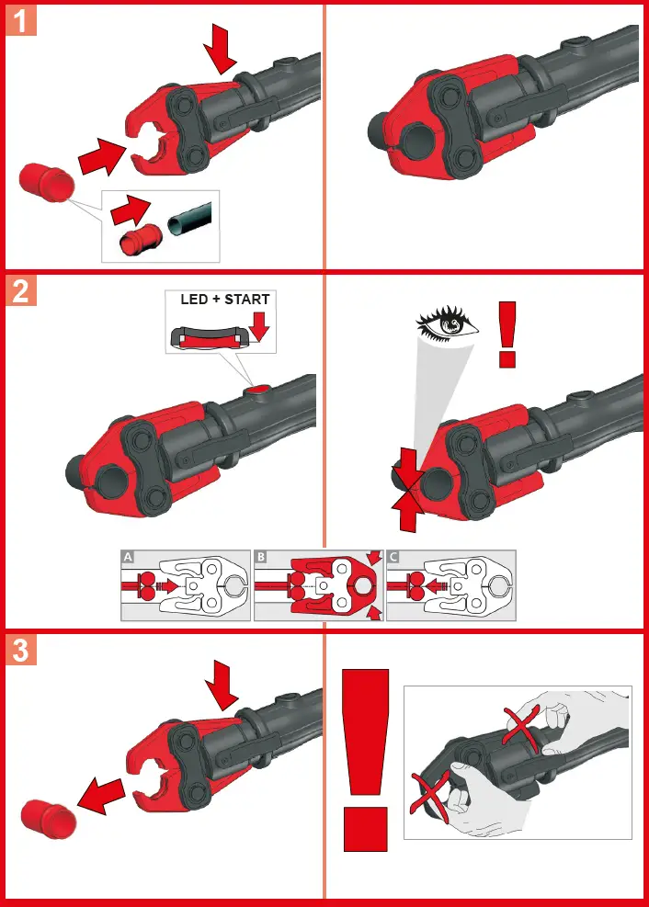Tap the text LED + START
click(x=225, y=300)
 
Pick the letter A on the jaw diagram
click(x=127, y=557)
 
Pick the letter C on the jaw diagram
click(x=393, y=557)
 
